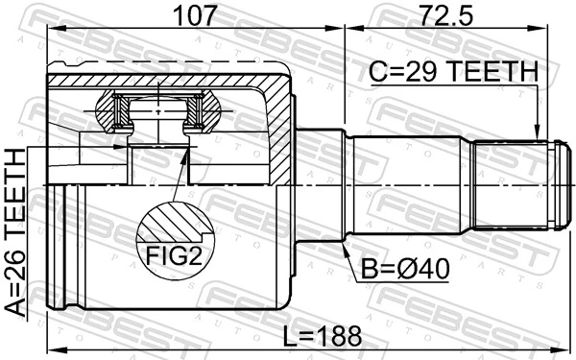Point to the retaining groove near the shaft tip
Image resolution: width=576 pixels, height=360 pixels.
(x=550, y=184)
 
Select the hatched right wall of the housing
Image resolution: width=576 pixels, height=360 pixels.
(x=279, y=134)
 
